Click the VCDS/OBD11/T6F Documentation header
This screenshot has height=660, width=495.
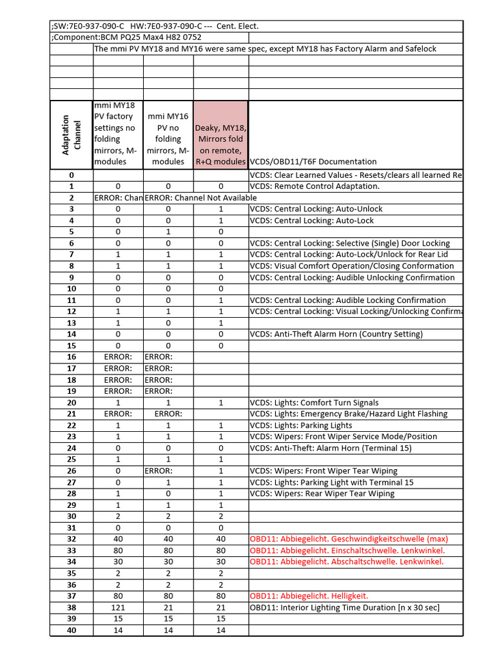313,162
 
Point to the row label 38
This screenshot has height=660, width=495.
71,607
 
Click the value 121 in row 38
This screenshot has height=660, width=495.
118,607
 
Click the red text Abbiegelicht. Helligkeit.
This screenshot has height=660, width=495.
309,596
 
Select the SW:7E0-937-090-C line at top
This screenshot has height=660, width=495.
154,26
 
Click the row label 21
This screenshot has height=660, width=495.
71,414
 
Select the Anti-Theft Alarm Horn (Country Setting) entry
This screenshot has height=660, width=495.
336,335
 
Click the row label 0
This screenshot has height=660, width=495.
71,175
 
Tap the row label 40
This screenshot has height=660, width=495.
71,630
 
